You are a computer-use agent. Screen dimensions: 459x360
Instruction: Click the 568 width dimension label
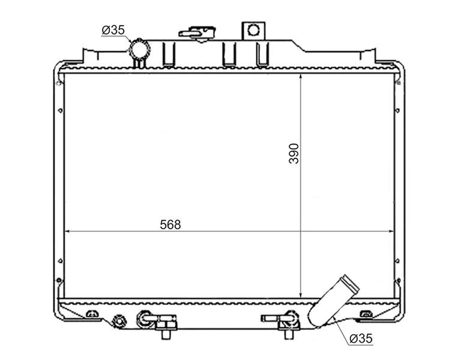pos(170,224)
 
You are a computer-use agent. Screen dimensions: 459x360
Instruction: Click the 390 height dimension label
pos(294,154)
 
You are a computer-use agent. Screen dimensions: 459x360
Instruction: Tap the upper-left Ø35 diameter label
pos(113,30)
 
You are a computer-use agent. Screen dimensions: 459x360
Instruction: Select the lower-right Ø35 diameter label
pos(361,338)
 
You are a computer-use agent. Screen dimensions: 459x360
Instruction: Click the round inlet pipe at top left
pos(139,49)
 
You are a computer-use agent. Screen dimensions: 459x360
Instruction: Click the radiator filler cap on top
pos(198,33)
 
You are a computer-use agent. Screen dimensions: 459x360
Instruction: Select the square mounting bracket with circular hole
pos(253,31)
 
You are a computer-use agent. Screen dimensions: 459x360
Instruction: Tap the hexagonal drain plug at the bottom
pos(119,321)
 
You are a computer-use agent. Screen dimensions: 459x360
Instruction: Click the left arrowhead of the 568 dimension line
pos(66,231)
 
